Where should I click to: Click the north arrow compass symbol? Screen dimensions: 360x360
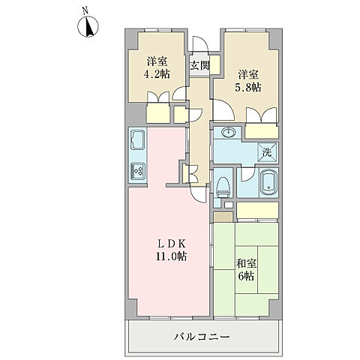pos(88,28)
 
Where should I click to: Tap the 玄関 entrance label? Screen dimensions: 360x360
pos(199,66)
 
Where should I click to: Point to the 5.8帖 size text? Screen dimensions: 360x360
pos(250,88)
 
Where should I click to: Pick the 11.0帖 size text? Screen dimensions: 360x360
pos(170,256)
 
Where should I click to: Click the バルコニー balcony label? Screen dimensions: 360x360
pos(202,337)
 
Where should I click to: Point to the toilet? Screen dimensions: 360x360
pos(223,186)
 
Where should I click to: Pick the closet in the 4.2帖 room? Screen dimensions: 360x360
pos(159,114)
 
